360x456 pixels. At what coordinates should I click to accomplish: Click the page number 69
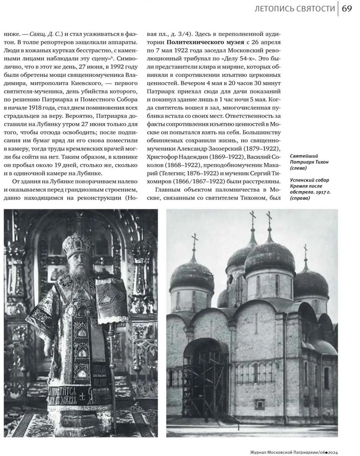click(347, 9)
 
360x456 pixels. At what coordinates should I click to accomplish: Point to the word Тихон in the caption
click(320, 162)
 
